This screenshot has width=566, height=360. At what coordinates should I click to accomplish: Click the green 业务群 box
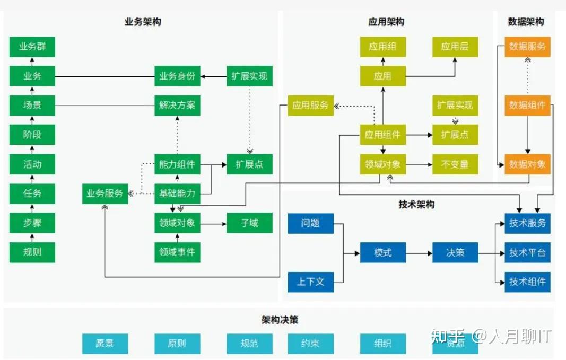point(32,47)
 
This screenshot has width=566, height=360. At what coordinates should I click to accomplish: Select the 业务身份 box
point(177,76)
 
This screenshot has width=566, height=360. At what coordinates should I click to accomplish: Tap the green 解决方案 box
point(177,105)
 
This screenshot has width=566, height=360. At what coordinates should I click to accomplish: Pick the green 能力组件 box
point(177,164)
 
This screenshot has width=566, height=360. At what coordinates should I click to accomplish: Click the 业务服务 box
point(105,194)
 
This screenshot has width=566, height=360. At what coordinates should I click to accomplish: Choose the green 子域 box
point(249,223)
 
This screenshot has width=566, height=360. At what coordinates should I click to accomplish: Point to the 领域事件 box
point(177,252)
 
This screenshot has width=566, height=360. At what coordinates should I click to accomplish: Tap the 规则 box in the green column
point(32,252)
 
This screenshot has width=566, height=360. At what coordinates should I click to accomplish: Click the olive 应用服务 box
point(310,106)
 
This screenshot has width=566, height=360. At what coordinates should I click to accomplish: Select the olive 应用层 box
point(455,47)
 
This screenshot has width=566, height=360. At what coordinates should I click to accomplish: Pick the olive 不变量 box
point(455,164)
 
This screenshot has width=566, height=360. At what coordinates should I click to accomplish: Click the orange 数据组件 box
point(527,105)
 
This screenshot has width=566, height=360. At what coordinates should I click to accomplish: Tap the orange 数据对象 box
point(527,164)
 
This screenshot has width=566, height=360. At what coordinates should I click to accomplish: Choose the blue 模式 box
point(382,253)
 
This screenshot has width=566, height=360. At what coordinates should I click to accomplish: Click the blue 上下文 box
point(310,282)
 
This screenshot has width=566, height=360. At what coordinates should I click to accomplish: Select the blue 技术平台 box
point(527,253)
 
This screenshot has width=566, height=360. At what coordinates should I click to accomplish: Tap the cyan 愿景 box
point(105,344)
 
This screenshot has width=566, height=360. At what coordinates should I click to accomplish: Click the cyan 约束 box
point(310,344)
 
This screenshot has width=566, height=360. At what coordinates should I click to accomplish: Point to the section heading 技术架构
point(416,205)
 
